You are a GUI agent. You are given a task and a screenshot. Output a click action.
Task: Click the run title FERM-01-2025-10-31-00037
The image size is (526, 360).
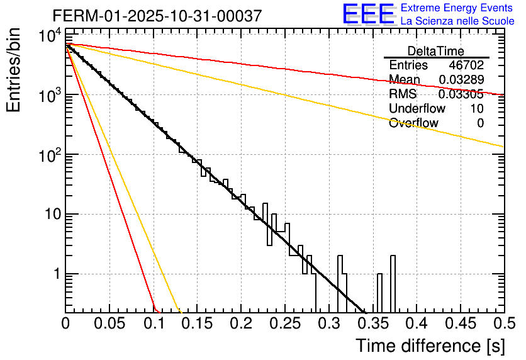click(157, 16)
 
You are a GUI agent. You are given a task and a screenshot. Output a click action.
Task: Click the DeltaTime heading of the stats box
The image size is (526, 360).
click(436, 51)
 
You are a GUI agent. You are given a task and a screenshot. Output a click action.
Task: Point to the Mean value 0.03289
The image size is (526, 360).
click(461, 80)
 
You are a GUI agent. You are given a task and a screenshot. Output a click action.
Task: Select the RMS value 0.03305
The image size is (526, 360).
click(461, 94)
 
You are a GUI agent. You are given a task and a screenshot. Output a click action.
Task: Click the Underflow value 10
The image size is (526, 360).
click(477, 109)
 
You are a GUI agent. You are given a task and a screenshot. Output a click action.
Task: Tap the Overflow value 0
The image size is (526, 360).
click(480, 123)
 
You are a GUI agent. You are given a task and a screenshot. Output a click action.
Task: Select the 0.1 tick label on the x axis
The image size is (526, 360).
click(154, 324)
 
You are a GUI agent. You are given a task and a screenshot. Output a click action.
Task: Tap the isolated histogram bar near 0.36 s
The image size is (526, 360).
click(380, 293)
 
